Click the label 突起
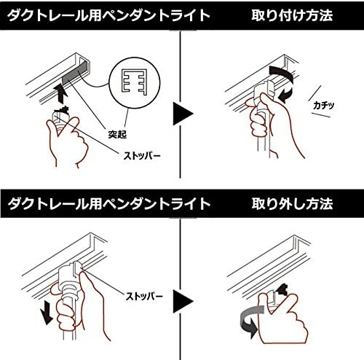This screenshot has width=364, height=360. click(x=117, y=134)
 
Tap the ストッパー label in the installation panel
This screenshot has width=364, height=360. click(x=142, y=156)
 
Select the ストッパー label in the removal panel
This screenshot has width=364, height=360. click(x=144, y=297)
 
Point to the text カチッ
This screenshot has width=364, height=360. click(x=324, y=105)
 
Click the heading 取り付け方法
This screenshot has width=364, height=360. click(x=292, y=15)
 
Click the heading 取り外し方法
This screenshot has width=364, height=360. click(x=292, y=203)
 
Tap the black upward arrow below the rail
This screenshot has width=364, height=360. click(x=60, y=93)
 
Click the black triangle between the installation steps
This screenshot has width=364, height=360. click(x=183, y=114)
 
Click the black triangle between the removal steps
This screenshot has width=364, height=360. click(x=183, y=302)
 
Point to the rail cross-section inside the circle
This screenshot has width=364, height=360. click(x=134, y=82)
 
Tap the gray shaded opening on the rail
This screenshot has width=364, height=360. click(x=75, y=73)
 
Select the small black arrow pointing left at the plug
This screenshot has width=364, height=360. click(x=286, y=95)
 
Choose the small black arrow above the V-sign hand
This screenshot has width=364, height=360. click(x=282, y=289)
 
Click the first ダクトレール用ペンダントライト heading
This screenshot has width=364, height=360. click(x=108, y=15)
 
